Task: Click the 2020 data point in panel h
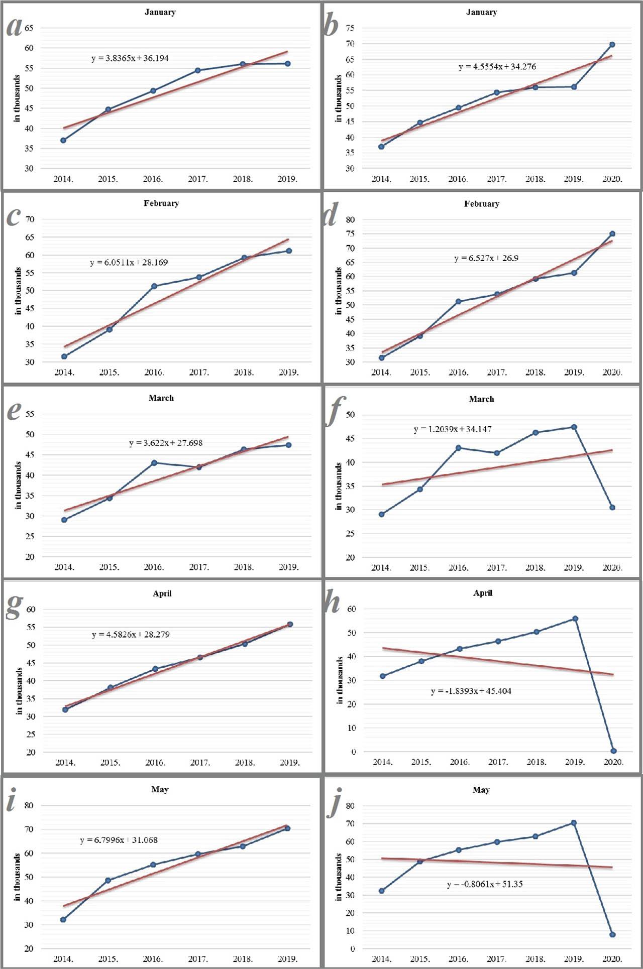(x=613, y=751)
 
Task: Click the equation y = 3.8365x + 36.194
(x=130, y=58)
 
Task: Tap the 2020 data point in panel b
(x=612, y=45)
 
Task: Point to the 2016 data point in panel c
(x=154, y=286)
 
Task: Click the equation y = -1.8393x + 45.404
(x=471, y=691)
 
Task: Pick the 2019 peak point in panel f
(x=574, y=427)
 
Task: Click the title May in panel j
(x=481, y=790)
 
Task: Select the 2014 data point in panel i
(x=63, y=920)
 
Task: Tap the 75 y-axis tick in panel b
(x=350, y=29)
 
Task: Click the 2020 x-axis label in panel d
(x=612, y=373)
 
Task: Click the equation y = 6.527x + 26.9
(x=486, y=258)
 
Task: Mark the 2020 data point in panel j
(x=612, y=935)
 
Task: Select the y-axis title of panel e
(x=18, y=486)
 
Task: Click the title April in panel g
(x=162, y=593)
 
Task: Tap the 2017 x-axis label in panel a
(x=198, y=179)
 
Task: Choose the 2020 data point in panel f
(x=612, y=508)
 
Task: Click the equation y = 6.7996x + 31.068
(x=119, y=840)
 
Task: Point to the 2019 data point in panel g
(x=290, y=625)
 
